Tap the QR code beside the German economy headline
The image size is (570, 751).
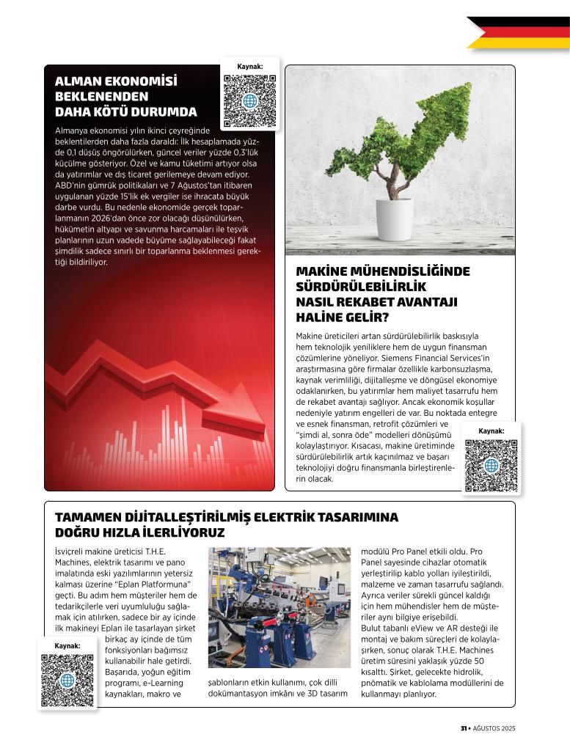click(x=249, y=100)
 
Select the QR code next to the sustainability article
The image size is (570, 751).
click(x=491, y=465)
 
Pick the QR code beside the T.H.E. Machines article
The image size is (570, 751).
click(x=67, y=681)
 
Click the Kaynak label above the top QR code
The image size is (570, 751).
click(x=249, y=67)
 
